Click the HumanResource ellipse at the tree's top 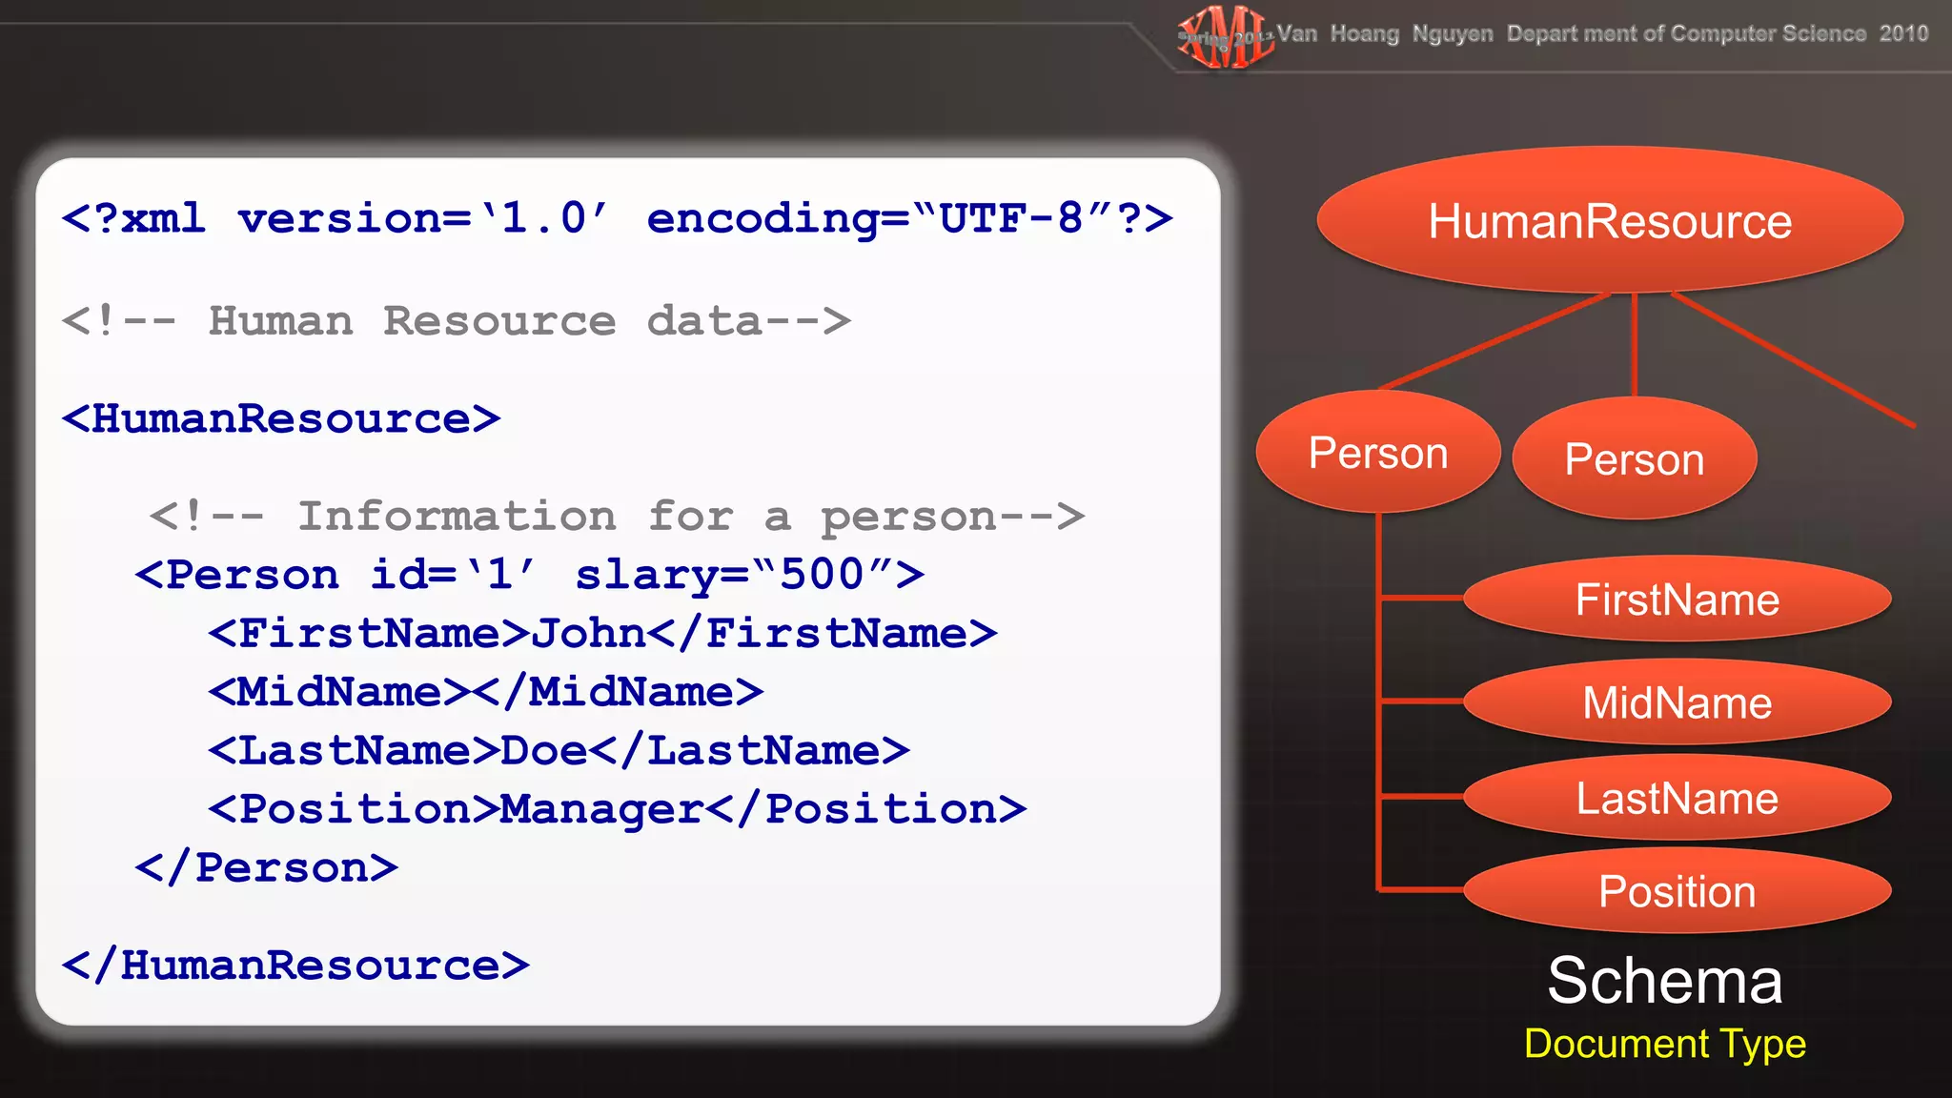click(1610, 220)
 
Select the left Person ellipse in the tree click(1378, 453)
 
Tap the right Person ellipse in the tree click(1634, 459)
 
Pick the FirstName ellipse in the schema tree click(1677, 600)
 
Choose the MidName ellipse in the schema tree click(1677, 702)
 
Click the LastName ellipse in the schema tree click(1677, 798)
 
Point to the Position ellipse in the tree click(1677, 891)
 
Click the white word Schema click(1664, 981)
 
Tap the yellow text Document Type click(1664, 1044)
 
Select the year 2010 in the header click(1903, 34)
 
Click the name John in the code click(588, 634)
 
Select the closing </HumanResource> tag click(295, 966)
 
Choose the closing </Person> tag click(266, 868)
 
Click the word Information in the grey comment click(457, 517)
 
